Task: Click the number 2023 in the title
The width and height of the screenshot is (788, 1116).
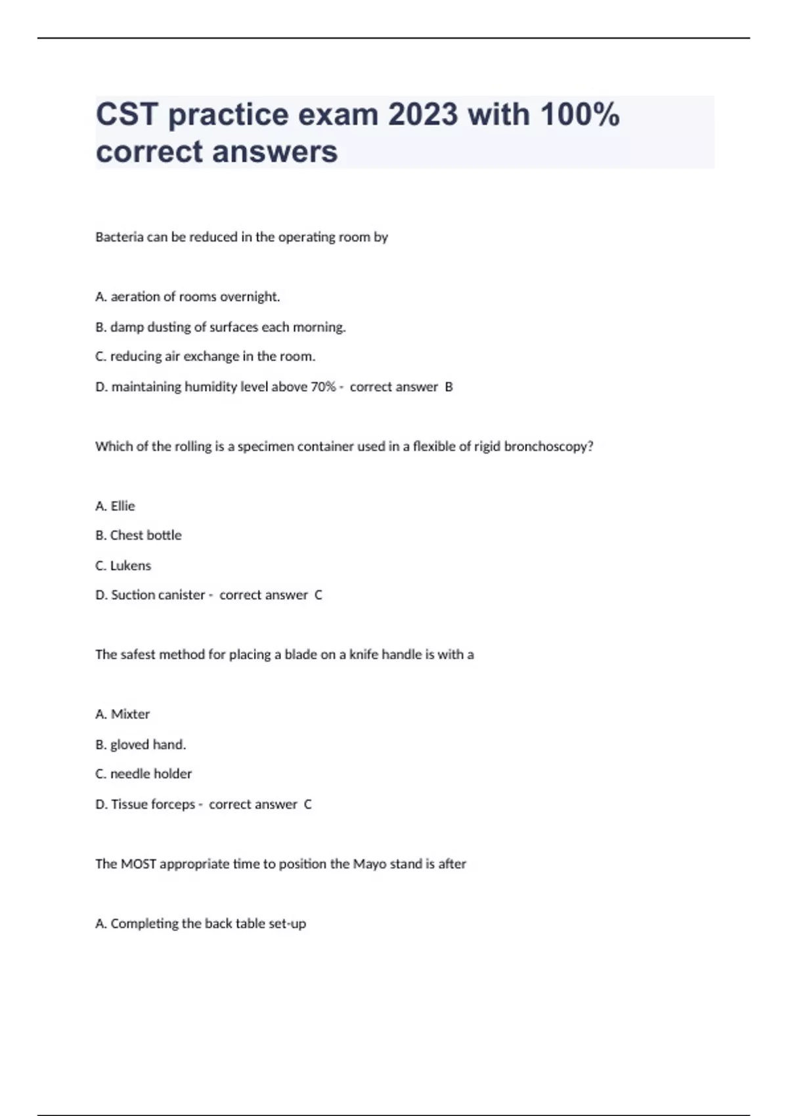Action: [x=422, y=115]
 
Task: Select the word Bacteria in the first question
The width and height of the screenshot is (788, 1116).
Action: [x=119, y=237]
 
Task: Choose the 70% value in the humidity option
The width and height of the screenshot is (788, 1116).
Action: [x=323, y=387]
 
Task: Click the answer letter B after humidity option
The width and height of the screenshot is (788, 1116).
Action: [x=449, y=387]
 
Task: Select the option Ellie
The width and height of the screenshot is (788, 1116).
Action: [x=123, y=506]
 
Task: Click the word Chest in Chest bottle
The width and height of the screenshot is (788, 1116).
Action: [x=126, y=535]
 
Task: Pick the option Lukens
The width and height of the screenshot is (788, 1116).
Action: [x=130, y=565]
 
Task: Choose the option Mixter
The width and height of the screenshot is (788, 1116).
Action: [x=130, y=714]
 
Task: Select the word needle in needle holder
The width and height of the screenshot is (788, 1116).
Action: [x=129, y=774]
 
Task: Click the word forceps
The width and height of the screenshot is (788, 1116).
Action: [x=173, y=804]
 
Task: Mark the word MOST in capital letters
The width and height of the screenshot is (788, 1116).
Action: [x=139, y=864]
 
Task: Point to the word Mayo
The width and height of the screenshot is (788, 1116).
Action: [x=370, y=864]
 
